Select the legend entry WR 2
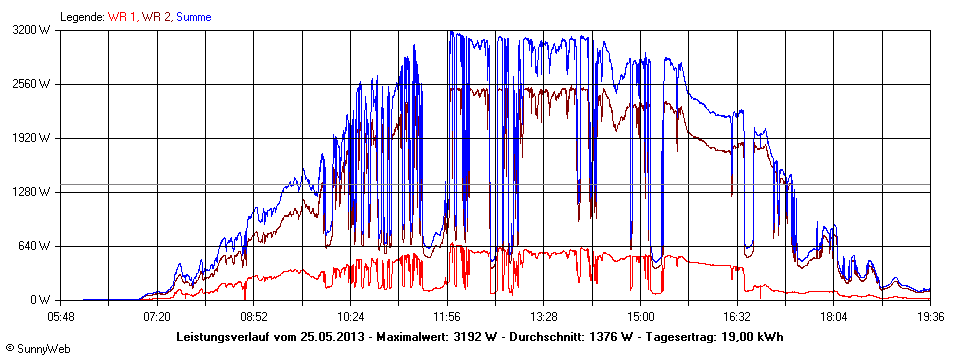tap(155, 17)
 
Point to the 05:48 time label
tap(61, 316)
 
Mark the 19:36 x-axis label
tap(931, 316)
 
